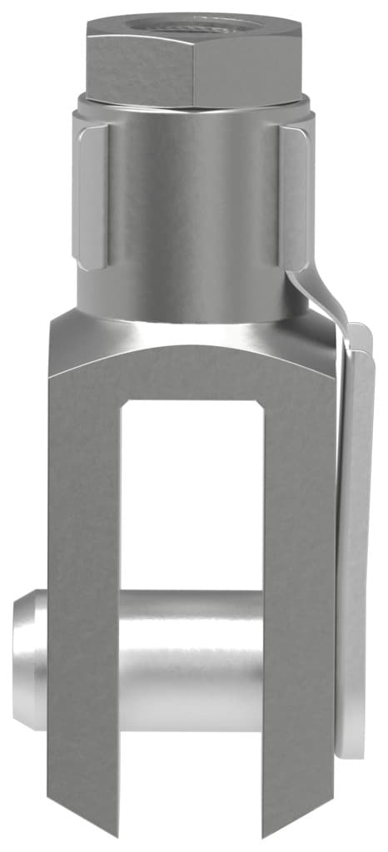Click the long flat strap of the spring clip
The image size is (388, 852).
point(356,532)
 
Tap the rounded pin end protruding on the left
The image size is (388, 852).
point(29,657)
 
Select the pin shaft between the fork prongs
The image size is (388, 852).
point(192,657)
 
